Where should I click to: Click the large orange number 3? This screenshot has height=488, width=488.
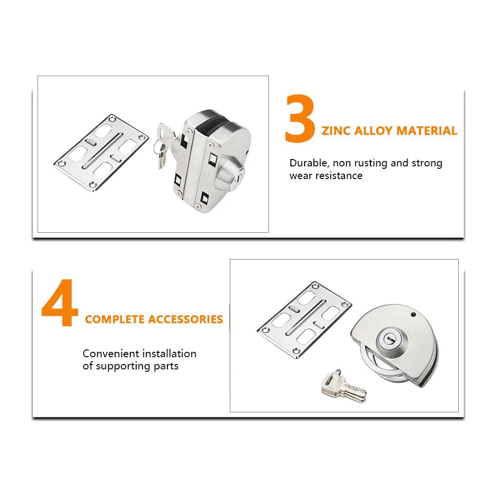click(300, 119)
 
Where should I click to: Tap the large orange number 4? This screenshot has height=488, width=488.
click(60, 303)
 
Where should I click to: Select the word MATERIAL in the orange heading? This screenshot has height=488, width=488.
click(427, 131)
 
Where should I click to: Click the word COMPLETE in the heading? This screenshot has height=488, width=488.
click(114, 319)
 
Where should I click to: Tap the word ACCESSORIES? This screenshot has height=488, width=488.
click(185, 319)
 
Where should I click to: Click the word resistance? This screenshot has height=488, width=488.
click(339, 176)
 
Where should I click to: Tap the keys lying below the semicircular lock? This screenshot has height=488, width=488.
click(343, 386)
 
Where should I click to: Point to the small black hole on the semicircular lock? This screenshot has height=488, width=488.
click(413, 315)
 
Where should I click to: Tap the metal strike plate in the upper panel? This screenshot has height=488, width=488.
click(101, 152)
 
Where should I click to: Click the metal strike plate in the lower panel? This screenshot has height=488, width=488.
click(305, 320)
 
